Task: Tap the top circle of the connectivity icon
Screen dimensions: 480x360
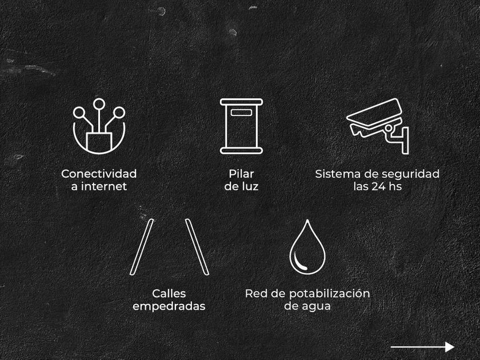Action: [x=99, y=104]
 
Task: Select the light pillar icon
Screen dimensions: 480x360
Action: [x=241, y=126]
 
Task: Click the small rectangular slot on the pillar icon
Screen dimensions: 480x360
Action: [x=241, y=113]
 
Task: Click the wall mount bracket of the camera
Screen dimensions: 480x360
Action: [x=405, y=140]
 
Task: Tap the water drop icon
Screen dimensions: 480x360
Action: [x=307, y=247]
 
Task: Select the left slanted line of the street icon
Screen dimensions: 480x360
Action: [x=142, y=247]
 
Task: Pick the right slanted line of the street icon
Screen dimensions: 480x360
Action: [x=197, y=247]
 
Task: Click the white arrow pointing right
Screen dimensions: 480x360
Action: [x=422, y=347]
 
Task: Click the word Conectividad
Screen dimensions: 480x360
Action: [x=99, y=174]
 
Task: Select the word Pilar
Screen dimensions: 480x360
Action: [x=241, y=174]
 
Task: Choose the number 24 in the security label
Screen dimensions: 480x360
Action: [x=378, y=186]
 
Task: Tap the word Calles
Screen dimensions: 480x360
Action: [x=169, y=294]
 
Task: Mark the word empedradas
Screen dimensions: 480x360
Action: [x=169, y=306]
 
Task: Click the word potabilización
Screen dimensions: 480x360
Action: [x=329, y=294]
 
